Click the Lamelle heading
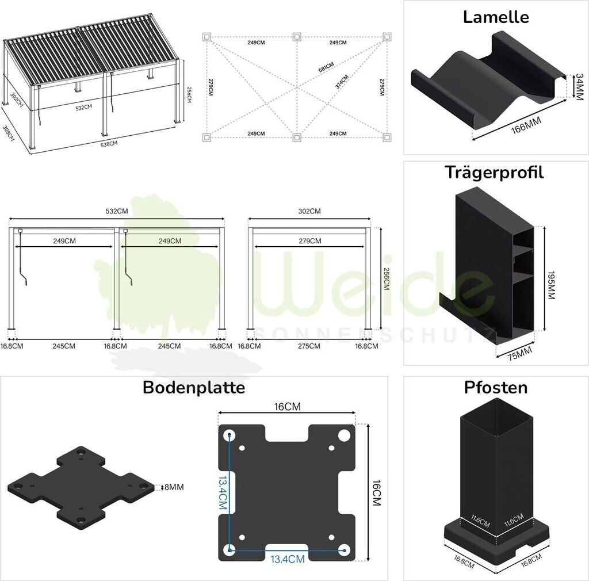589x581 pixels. (495, 17)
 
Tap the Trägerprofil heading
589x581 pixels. (494, 172)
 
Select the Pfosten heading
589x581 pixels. (495, 387)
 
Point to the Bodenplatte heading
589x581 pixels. (194, 387)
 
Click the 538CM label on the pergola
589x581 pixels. (109, 144)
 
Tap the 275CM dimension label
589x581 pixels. (309, 346)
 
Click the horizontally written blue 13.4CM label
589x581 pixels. (287, 559)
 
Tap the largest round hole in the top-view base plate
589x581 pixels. (343, 435)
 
